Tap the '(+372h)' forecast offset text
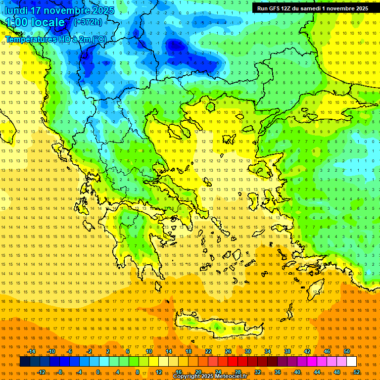click(88, 22)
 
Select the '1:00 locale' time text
click(36, 22)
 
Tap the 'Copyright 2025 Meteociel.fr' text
click(210, 377)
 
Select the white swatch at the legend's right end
click(352, 362)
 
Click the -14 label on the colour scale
click(31, 352)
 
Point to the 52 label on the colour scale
click(357, 372)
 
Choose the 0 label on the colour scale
click(98, 372)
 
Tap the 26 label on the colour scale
click(228, 352)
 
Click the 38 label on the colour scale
click(287, 352)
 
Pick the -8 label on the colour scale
click(60, 372)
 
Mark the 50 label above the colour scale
click(347, 352)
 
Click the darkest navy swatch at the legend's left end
click(25, 362)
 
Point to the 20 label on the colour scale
click(198, 372)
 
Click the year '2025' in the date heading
click(102, 10)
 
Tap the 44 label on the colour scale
click(317, 372)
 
